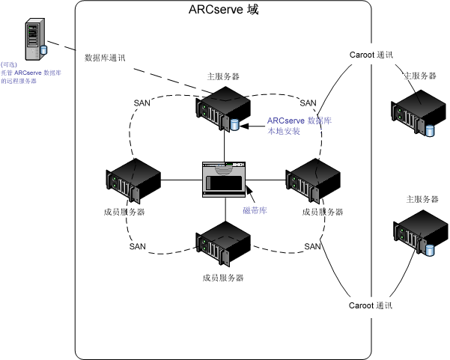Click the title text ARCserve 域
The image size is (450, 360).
[x=224, y=13]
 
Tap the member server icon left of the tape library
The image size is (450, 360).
[x=136, y=180]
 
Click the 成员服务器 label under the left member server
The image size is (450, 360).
[x=125, y=212]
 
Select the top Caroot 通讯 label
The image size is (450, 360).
[x=371, y=54]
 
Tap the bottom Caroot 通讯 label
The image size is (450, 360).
[x=371, y=305]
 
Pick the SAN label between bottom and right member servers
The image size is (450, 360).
[x=312, y=246]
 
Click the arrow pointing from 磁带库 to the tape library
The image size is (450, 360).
[x=250, y=195]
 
